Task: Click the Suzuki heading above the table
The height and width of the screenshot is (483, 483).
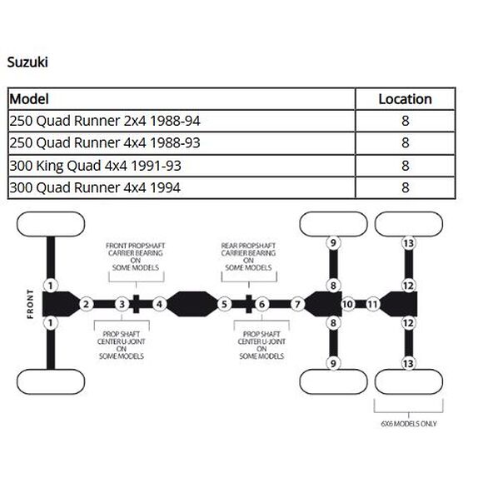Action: tap(29, 62)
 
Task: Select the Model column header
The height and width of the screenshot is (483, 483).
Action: tap(30, 99)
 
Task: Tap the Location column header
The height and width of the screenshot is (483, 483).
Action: tap(405, 99)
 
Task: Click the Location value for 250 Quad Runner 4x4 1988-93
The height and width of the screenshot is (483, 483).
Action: tap(405, 143)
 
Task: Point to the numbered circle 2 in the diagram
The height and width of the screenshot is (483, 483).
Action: tap(85, 304)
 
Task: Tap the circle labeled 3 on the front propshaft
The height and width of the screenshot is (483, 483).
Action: tap(121, 304)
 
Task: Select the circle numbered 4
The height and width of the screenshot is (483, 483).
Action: tap(158, 304)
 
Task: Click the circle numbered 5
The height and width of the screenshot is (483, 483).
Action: tap(224, 304)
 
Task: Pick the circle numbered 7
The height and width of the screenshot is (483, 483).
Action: tap(297, 304)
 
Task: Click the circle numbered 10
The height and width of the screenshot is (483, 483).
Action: tap(348, 304)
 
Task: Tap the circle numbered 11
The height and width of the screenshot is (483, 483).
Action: tap(373, 304)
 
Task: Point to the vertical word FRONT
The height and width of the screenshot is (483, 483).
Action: tap(31, 304)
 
